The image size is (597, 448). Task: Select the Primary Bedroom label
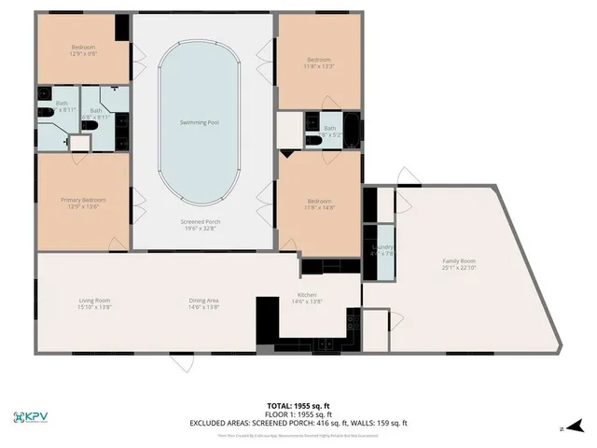click(82, 200)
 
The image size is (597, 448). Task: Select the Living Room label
click(93, 301)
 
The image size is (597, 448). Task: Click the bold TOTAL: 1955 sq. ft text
click(299, 406)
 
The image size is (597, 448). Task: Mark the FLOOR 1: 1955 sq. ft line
click(299, 414)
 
